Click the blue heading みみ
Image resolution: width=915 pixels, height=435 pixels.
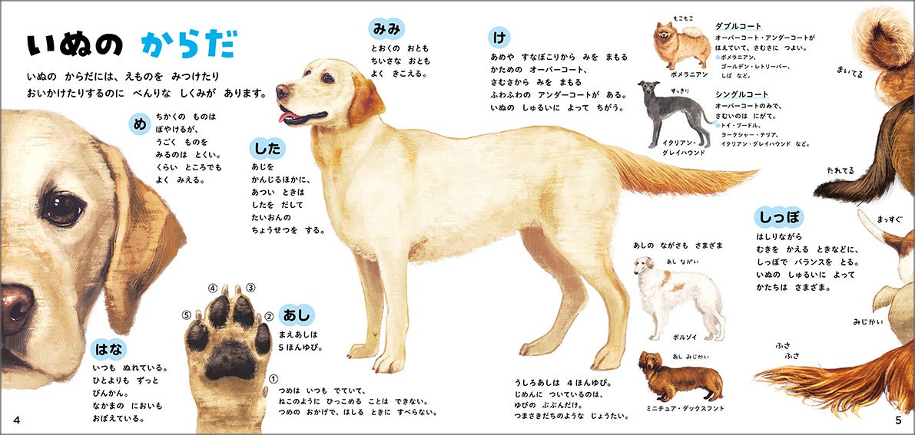(x=386, y=28)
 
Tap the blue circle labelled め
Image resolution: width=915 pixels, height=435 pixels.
(x=140, y=124)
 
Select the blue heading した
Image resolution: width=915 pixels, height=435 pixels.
(x=267, y=149)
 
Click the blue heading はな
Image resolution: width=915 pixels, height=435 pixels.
(x=108, y=349)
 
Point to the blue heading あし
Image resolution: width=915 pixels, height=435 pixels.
(x=297, y=315)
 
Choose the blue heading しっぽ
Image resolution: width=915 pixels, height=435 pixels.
(x=778, y=217)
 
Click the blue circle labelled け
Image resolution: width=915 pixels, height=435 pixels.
(x=499, y=38)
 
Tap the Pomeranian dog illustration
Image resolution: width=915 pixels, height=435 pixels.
(x=681, y=45)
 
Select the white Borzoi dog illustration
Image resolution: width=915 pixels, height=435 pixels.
(x=679, y=298)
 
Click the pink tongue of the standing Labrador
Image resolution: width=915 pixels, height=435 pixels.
(x=287, y=117)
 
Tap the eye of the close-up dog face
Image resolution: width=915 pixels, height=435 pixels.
(x=62, y=208)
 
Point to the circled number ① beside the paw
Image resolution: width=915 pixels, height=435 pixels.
(x=273, y=378)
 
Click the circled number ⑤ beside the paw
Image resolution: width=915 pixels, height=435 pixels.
(x=187, y=315)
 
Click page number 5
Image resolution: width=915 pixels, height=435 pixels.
(x=899, y=420)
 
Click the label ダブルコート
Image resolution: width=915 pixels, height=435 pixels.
(x=738, y=26)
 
